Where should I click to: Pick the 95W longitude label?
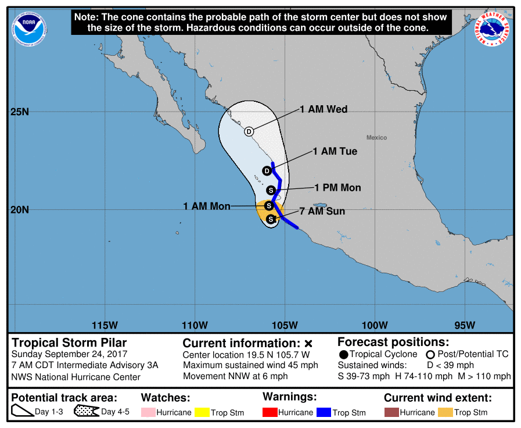(465, 324)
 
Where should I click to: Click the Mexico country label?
(376, 138)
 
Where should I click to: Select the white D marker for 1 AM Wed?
(249, 131)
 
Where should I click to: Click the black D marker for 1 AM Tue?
(267, 171)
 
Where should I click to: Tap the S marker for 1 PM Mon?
(271, 190)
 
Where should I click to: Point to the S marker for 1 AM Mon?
(269, 206)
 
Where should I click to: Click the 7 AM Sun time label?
(322, 211)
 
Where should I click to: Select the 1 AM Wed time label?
(324, 109)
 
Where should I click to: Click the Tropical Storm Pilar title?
(69, 343)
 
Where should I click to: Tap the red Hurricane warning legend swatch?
(270, 413)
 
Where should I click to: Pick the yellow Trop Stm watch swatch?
(202, 413)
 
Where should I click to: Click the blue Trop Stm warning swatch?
(323, 413)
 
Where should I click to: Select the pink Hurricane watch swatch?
(149, 413)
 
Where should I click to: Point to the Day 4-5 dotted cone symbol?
(86, 412)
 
